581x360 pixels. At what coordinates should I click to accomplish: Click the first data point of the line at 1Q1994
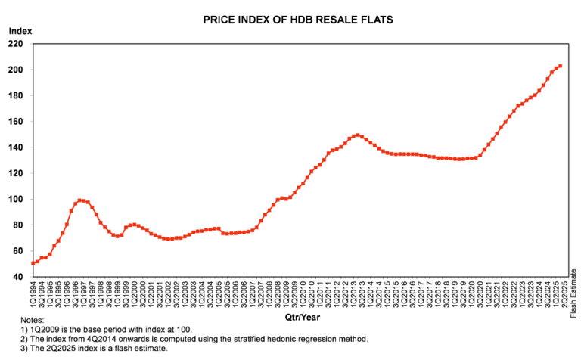pyautogui.click(x=33, y=263)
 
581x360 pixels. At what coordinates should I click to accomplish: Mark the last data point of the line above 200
pyautogui.click(x=560, y=67)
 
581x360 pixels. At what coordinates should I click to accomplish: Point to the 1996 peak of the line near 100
pyautogui.click(x=79, y=200)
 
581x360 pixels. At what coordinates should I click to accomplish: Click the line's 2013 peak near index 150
pyautogui.click(x=357, y=135)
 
